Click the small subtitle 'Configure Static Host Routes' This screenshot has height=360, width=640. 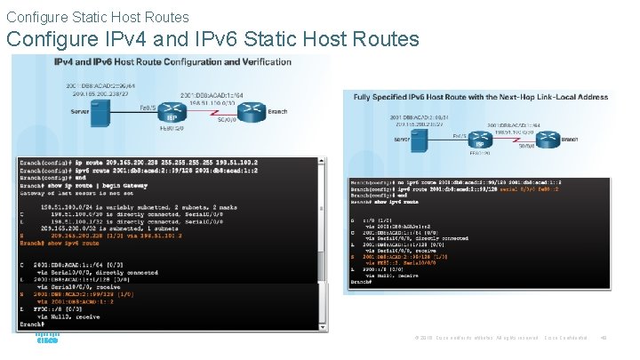[97, 16]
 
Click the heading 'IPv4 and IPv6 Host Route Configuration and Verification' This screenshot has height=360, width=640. [172, 62]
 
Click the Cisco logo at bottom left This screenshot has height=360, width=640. [46, 340]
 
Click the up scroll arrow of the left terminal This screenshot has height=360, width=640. [324, 163]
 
